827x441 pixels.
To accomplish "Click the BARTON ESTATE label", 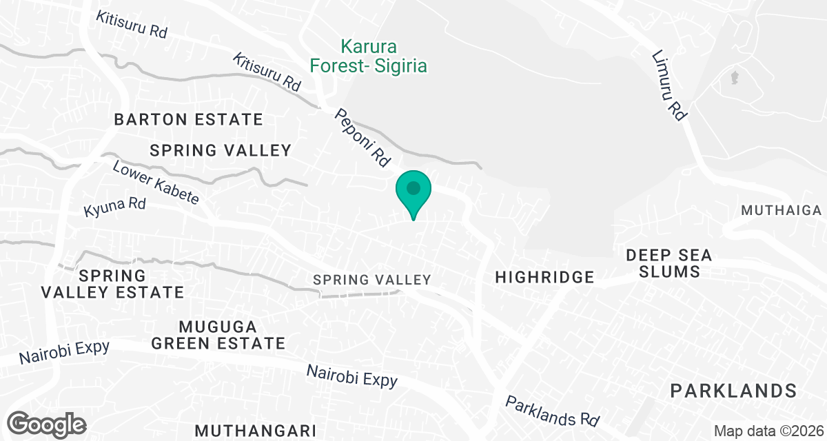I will tap(188, 119).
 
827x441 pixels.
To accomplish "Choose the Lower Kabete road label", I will tap(156, 183).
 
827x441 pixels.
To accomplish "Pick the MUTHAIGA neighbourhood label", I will tap(782, 210).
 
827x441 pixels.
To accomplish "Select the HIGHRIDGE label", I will tap(544, 277).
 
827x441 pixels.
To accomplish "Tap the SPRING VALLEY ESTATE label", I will tap(112, 284).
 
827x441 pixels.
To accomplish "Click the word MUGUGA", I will tap(217, 326).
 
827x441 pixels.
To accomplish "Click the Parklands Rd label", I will tap(553, 411).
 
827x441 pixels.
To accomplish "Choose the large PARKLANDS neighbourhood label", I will tap(734, 391).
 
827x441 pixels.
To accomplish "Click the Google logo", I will tap(48, 424).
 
